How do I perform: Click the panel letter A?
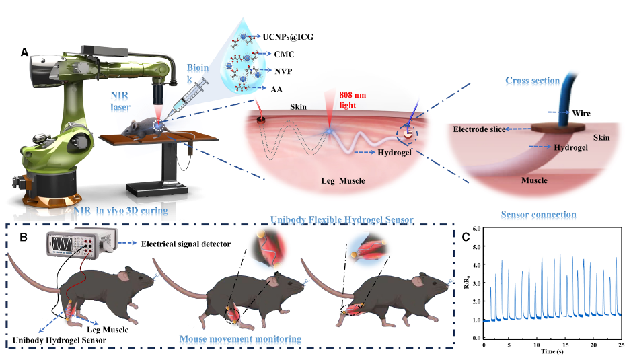pyautogui.click(x=25, y=52)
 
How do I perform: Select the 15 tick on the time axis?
pyautogui.click(x=566, y=345)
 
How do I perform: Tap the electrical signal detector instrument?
pyautogui.click(x=79, y=243)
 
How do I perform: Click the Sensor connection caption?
pyautogui.click(x=538, y=215)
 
